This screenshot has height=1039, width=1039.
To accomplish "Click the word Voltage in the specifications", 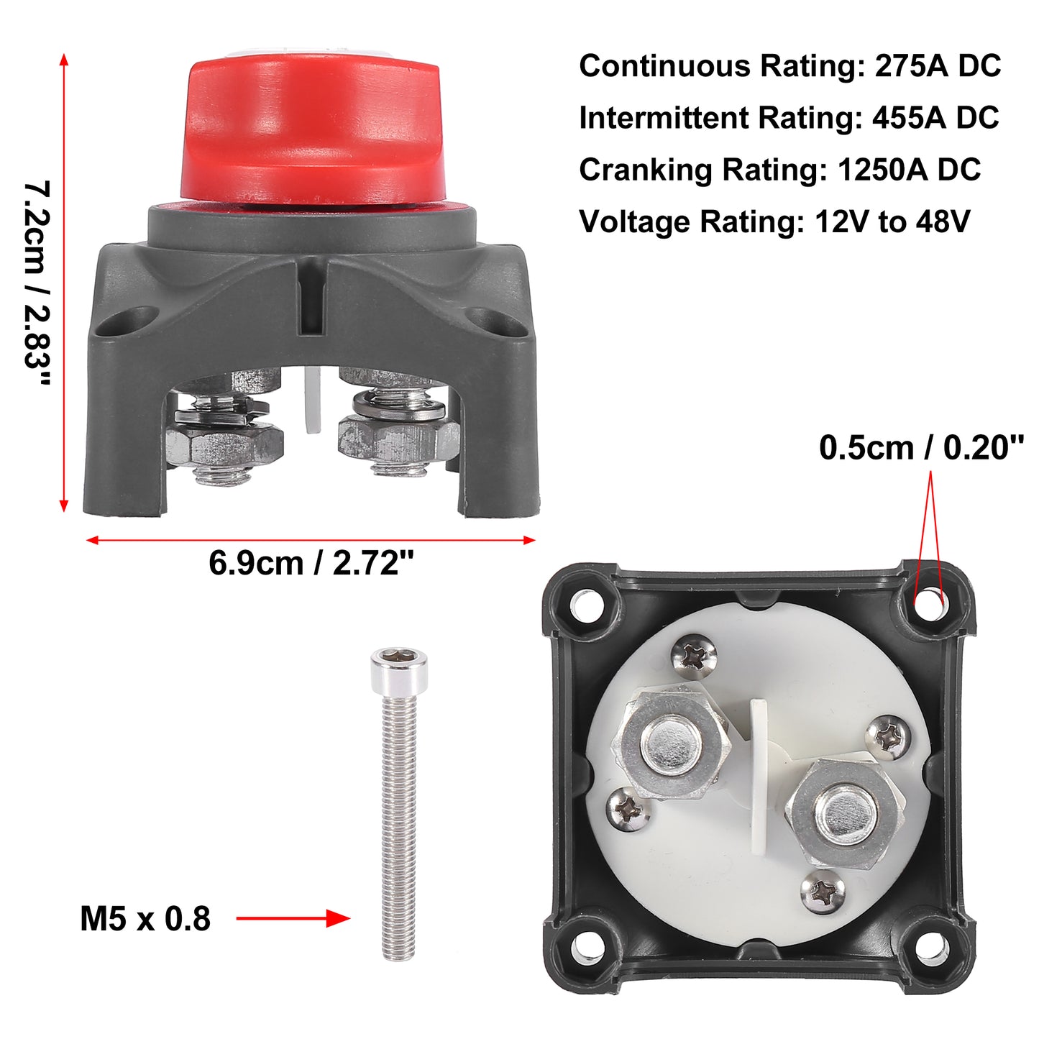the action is (x=634, y=222).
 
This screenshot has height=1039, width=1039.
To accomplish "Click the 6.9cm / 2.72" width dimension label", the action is (x=311, y=564).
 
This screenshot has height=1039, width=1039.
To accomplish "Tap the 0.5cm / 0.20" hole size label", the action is (x=921, y=448).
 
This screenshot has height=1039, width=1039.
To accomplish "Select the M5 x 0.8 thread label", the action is (x=145, y=919).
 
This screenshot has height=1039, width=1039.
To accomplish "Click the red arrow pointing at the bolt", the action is (x=293, y=918).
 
